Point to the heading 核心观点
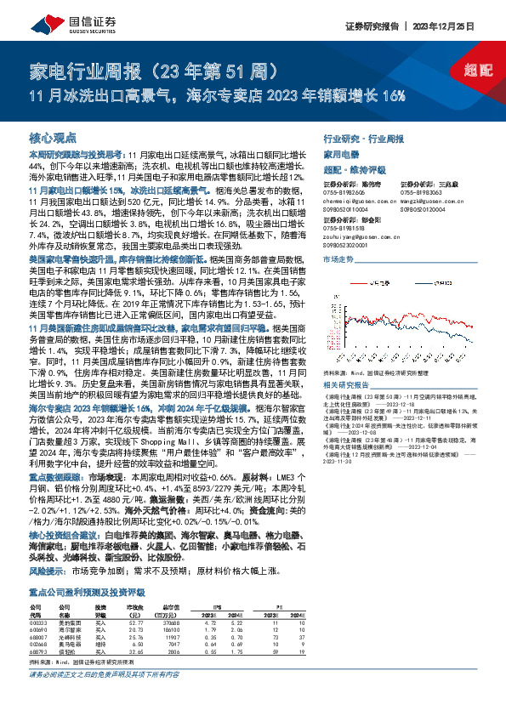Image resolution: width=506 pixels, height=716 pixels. (53, 137)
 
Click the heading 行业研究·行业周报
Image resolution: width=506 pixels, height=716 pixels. (365, 137)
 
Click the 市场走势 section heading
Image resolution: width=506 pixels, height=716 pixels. (338, 258)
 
